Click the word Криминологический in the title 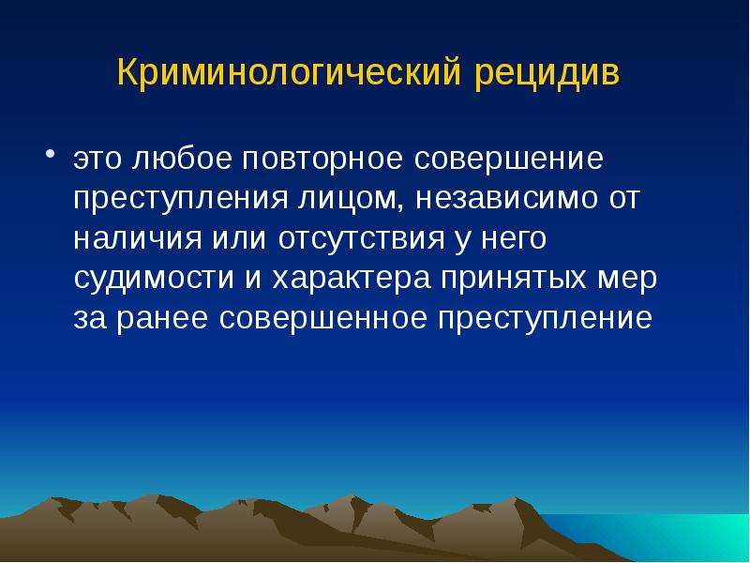pos(290,73)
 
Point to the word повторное pos(322,160)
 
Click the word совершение pos(508,160)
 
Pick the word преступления pos(180,200)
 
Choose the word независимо pos(506,199)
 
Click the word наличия pos(137,239)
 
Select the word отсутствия pos(361,239)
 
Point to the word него pos(513,239)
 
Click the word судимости pos(154,279)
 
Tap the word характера pos(351,280)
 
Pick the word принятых pos(513,280)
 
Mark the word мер pos(626,280)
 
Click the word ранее pos(162,319)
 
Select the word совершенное pos(322,318)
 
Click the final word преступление pos(545,319)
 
